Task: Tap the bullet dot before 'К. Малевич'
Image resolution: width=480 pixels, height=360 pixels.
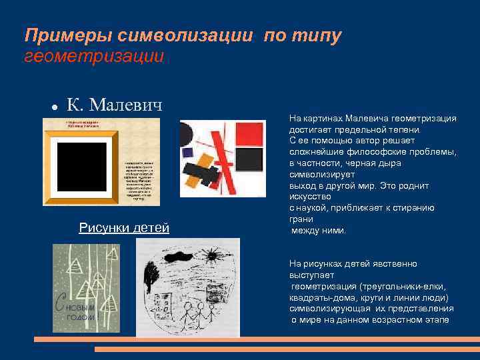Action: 51,107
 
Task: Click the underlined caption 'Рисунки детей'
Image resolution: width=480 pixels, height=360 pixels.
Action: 124,228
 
